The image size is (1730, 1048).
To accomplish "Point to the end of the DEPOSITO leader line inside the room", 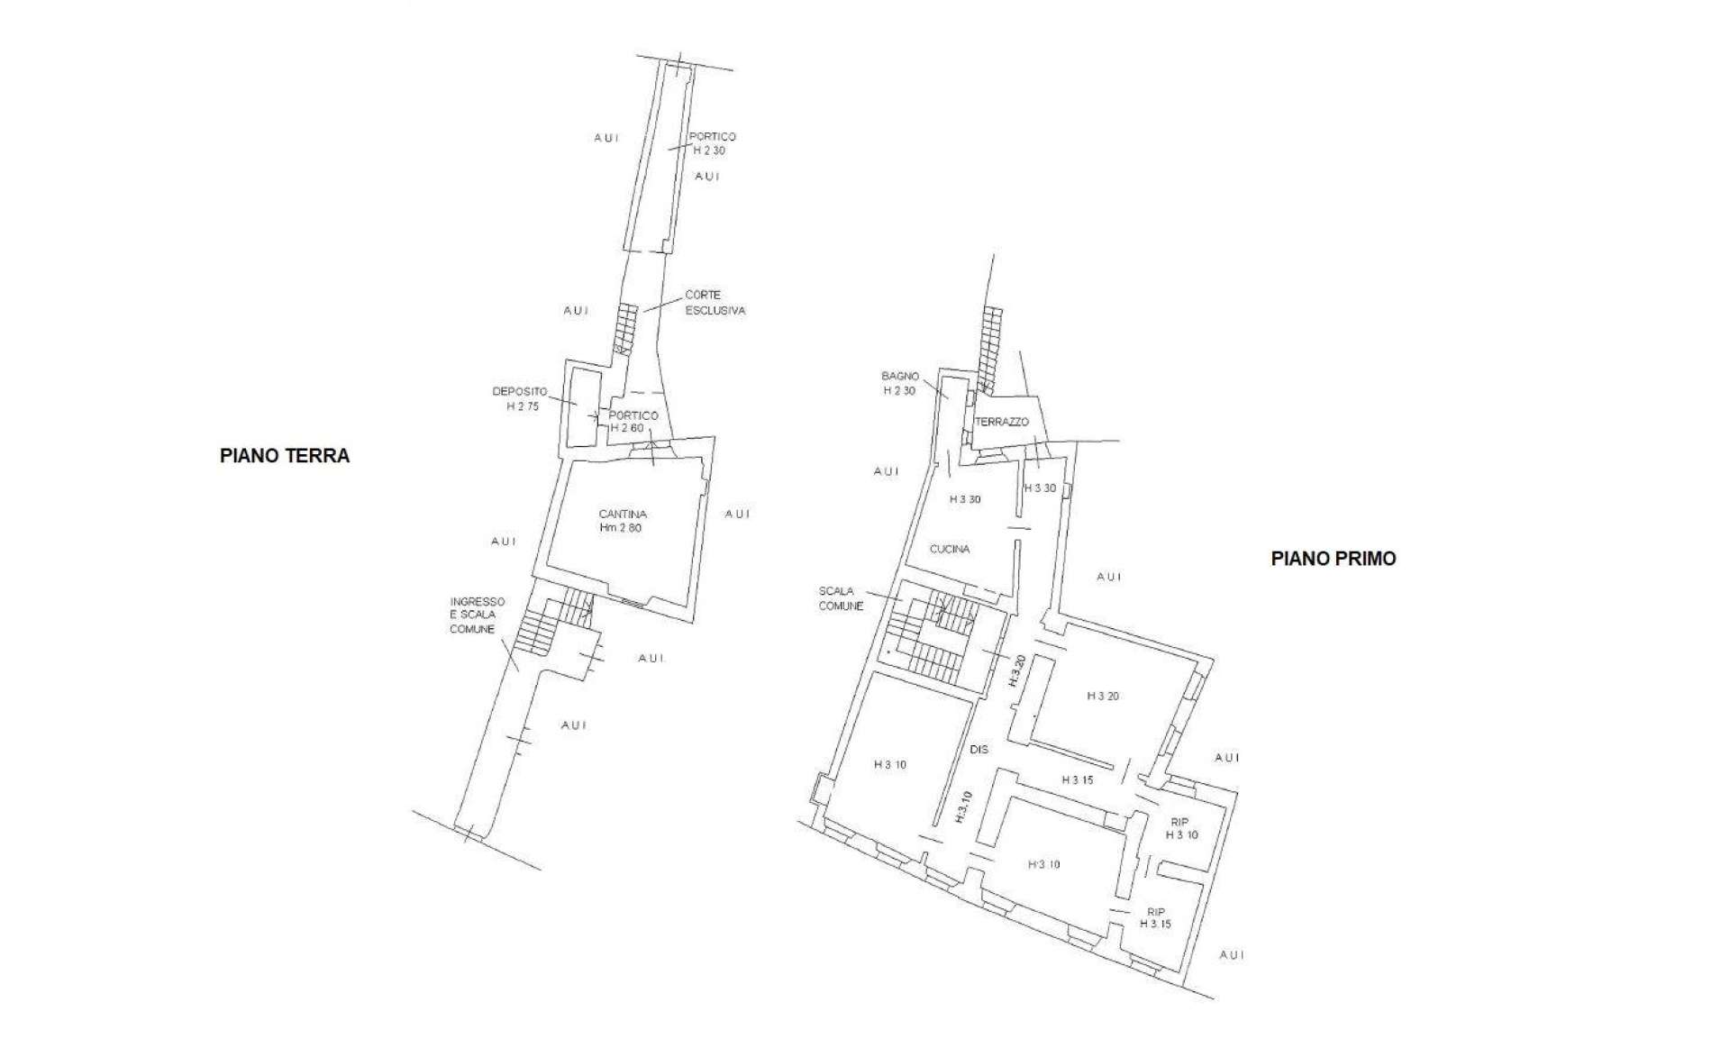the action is pyautogui.click(x=577, y=405).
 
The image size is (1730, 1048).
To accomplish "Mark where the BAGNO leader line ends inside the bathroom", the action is pyautogui.click(x=948, y=396).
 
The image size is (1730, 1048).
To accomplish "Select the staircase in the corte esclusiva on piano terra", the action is pyautogui.click(x=625, y=329).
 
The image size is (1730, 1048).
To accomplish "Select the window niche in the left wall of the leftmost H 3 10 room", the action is pyautogui.click(x=818, y=791).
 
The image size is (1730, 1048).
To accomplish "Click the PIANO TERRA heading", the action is pyautogui.click(x=285, y=456).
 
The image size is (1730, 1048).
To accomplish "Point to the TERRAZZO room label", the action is pyautogui.click(x=1001, y=422).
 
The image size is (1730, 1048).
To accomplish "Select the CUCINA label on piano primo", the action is pyautogui.click(x=950, y=549).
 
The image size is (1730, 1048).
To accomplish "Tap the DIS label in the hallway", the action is pyautogui.click(x=979, y=750).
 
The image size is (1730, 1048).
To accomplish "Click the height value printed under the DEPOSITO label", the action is pyautogui.click(x=523, y=406).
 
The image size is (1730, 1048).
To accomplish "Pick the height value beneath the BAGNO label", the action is pyautogui.click(x=899, y=391).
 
